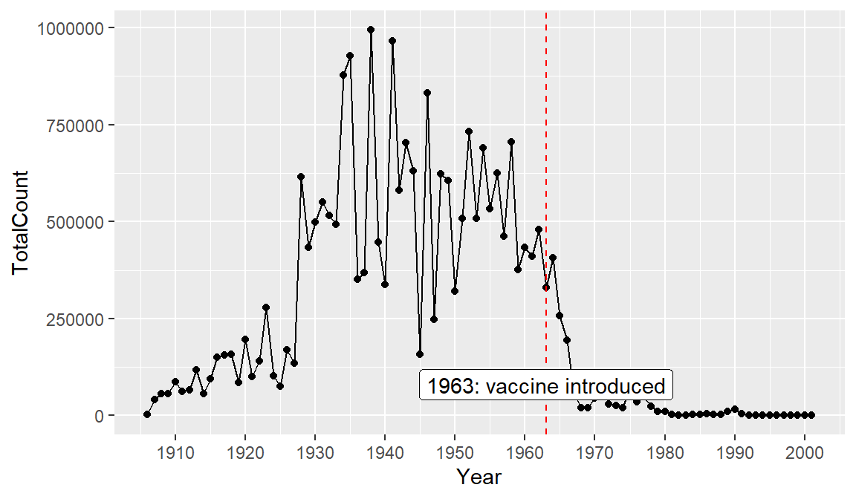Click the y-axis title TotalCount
point(21,221)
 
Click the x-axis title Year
point(479,477)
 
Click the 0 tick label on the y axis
point(99,416)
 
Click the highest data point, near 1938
point(371,30)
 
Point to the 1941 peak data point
point(392,41)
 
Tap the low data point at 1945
point(420,354)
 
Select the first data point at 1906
point(147,414)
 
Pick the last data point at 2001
point(811,415)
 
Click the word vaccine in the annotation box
point(522,386)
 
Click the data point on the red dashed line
point(546,287)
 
